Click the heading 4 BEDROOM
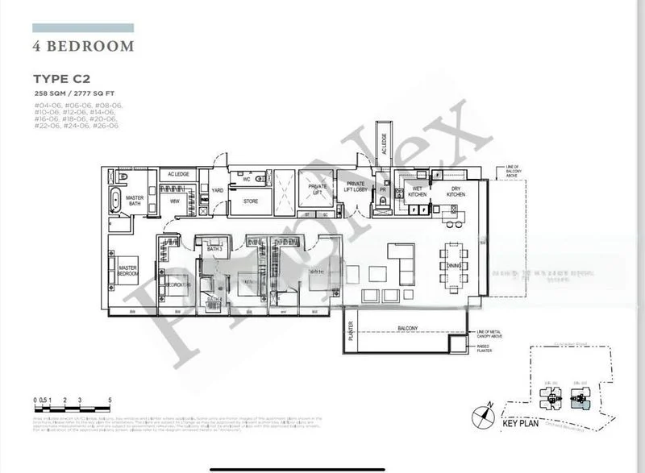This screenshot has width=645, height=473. [83, 47]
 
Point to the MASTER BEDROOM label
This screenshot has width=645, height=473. [129, 270]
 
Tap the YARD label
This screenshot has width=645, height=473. [217, 190]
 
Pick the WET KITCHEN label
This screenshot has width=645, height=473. [418, 191]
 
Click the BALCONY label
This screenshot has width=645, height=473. [406, 328]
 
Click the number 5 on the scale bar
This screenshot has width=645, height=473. [109, 400]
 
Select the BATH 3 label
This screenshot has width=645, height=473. [214, 249]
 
